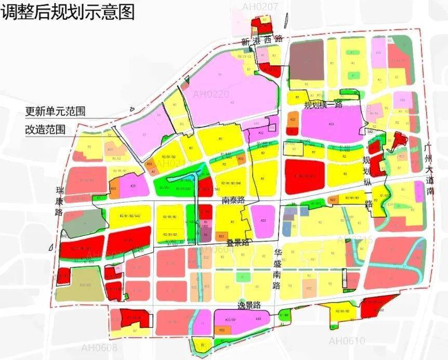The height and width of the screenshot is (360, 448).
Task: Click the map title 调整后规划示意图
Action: coord(68,11)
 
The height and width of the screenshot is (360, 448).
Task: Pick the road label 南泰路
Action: coord(232,199)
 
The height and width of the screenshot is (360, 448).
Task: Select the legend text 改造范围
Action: coord(45,129)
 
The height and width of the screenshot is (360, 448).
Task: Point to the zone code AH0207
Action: coord(260,6)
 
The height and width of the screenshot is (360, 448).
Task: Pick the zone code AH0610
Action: coord(347,341)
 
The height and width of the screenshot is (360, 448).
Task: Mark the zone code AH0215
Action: coord(355,239)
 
